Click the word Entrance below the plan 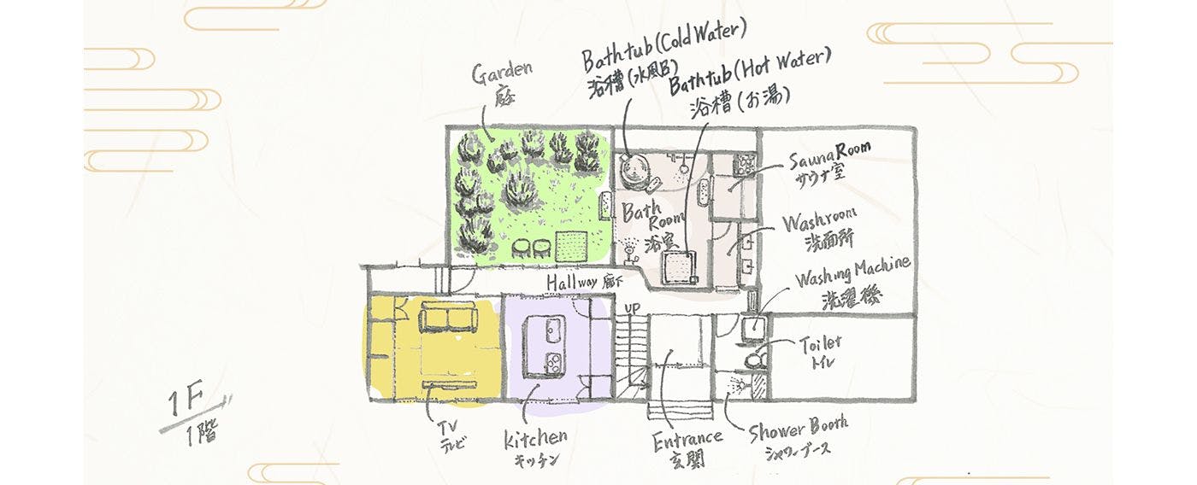coord(687,440)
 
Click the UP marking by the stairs coord(633,307)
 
